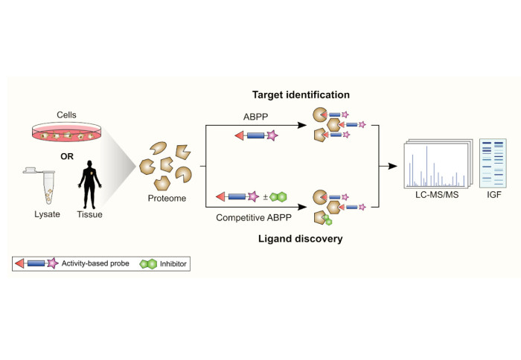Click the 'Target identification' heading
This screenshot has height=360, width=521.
[x=300, y=95]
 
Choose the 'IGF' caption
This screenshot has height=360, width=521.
[x=491, y=195]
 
